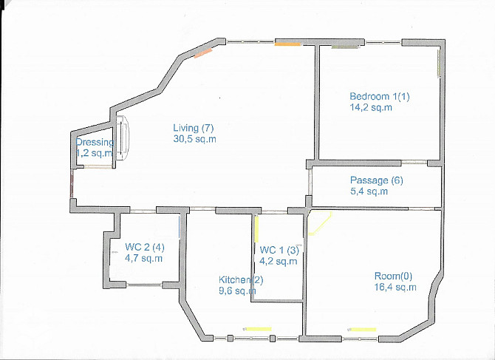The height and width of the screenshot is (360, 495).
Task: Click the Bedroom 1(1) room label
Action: pos(380,96)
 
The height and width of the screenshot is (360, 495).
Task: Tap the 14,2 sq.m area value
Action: pos(371,107)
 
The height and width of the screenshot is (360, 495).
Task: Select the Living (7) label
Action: pos(194,128)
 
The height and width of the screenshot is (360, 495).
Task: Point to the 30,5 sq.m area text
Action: pos(194,139)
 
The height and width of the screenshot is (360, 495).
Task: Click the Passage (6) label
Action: pos(377,180)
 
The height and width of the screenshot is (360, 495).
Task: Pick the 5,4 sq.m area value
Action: pos(369,191)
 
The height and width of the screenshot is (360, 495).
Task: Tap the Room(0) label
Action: pos(393,276)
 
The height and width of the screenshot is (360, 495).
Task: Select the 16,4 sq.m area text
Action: pos(395,288)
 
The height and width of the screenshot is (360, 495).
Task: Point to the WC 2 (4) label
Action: pos(145,247)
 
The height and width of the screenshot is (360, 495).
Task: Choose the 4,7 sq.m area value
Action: pos(143,258)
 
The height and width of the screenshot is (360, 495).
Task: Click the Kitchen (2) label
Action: pos(241,279)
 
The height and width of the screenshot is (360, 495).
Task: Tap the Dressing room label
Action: pos(95,143)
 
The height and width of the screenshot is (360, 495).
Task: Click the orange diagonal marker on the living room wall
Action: pos(203,53)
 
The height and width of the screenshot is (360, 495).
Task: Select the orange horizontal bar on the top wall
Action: pos(287,44)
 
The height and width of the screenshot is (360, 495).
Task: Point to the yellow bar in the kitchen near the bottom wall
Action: pos(259,329)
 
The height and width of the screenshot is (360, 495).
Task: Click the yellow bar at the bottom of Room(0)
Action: pos(363,330)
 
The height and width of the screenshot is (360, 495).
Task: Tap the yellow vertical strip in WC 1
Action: pos(256,230)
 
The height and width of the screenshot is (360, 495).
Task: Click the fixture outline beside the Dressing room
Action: pos(123,137)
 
